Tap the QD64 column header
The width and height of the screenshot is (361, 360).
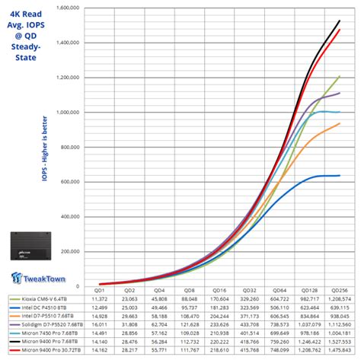click(280, 291)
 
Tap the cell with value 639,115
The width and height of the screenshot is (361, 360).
click(340, 308)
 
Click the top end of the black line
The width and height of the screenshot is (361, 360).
click(340, 21)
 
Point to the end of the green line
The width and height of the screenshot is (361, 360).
click(340, 76)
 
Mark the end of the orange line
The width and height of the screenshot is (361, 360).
click(340, 123)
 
